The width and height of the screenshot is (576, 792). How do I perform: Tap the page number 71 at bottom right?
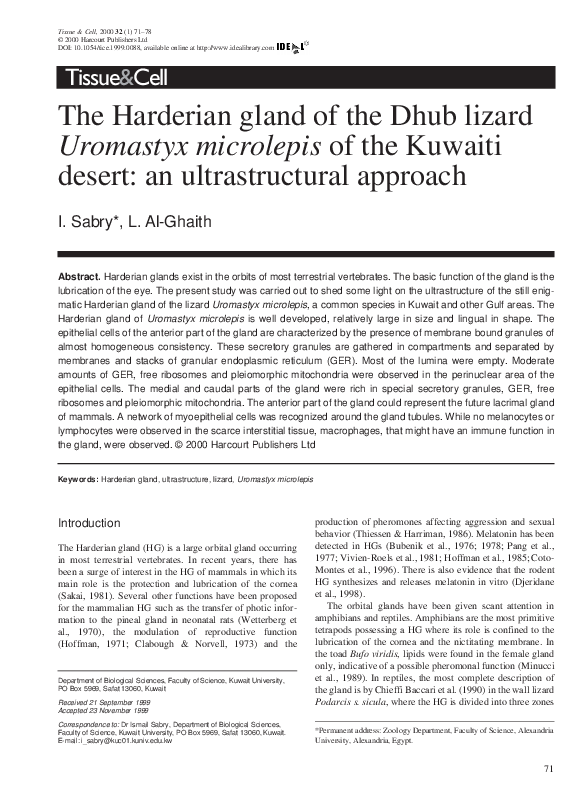(x=548, y=768)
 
